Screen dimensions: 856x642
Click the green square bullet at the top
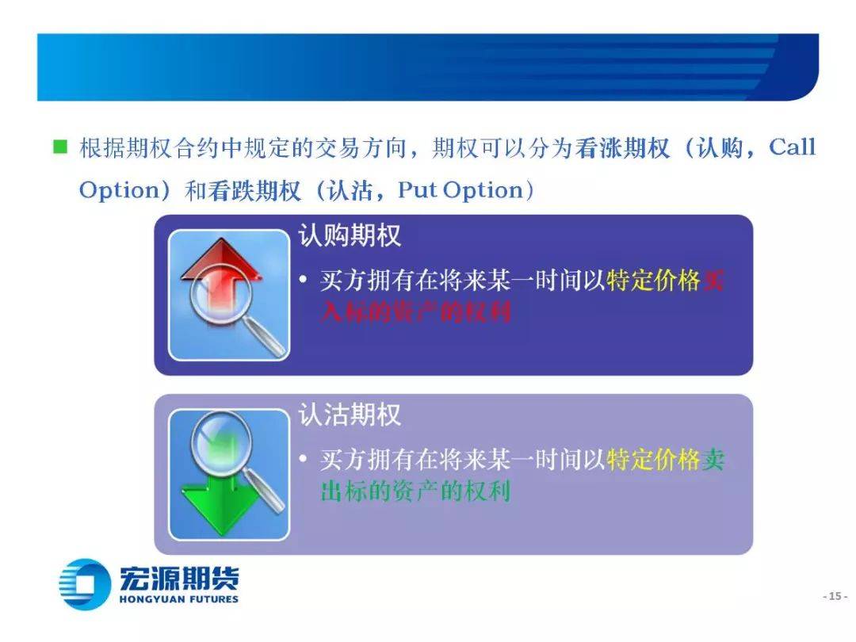click(x=60, y=147)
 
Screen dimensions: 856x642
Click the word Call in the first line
click(x=792, y=147)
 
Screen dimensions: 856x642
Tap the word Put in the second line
click(x=418, y=190)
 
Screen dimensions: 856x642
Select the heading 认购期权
click(x=350, y=235)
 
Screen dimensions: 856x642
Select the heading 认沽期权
click(x=350, y=415)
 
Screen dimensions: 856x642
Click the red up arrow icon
click(x=220, y=278)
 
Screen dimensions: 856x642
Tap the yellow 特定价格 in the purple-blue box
click(x=653, y=280)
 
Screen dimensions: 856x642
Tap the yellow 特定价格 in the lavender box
click(x=653, y=459)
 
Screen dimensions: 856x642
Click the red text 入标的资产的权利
click(x=415, y=311)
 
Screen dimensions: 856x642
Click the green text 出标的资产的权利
click(x=415, y=491)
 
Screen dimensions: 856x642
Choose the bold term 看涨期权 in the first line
click(x=622, y=147)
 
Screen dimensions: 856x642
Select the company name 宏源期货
click(x=179, y=579)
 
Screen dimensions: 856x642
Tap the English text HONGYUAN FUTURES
click(x=179, y=599)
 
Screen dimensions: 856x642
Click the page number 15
click(x=835, y=596)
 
